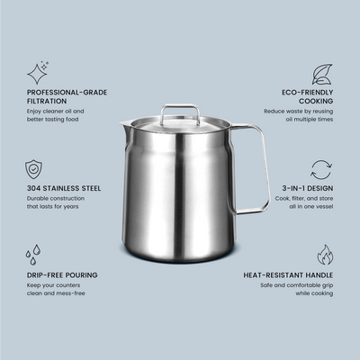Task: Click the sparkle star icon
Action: point(37,73)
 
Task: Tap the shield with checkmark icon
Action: point(33,169)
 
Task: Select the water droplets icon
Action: point(33,255)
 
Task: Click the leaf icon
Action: point(322,74)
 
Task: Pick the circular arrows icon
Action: point(321,170)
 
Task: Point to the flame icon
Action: point(325,255)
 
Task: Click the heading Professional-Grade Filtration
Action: point(67,96)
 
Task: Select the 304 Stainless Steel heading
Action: point(64,188)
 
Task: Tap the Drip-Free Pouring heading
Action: point(62,275)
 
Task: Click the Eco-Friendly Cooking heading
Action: point(308,96)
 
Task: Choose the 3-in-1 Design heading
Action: point(308,188)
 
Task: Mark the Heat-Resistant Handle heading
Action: point(288,275)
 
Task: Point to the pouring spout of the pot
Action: point(123,124)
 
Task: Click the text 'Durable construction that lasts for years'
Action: point(56,202)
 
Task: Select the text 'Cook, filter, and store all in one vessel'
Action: point(304,202)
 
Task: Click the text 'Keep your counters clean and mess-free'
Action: point(56,289)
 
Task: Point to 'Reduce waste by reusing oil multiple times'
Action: point(299,115)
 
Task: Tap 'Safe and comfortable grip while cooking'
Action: point(297,289)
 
